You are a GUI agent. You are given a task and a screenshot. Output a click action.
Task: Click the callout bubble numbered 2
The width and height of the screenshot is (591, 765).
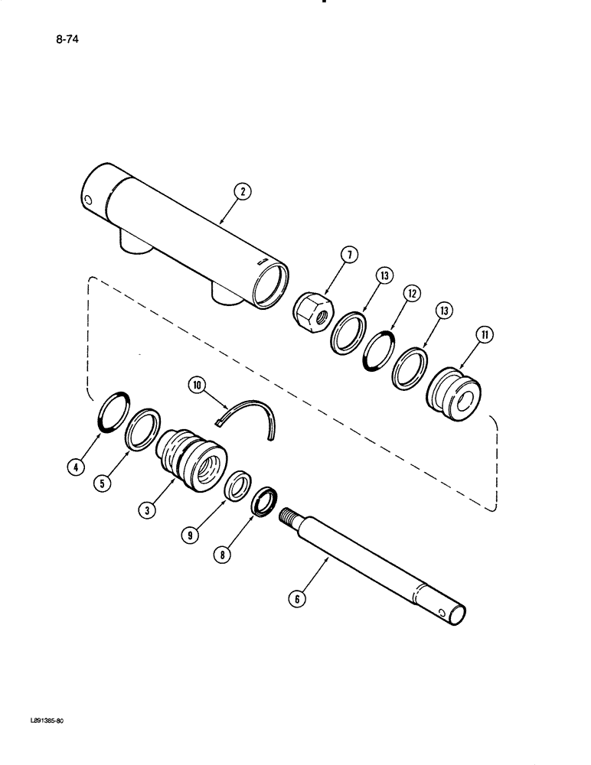tap(243, 193)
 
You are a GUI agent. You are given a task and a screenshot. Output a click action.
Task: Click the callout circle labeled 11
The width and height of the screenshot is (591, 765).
tap(484, 334)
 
